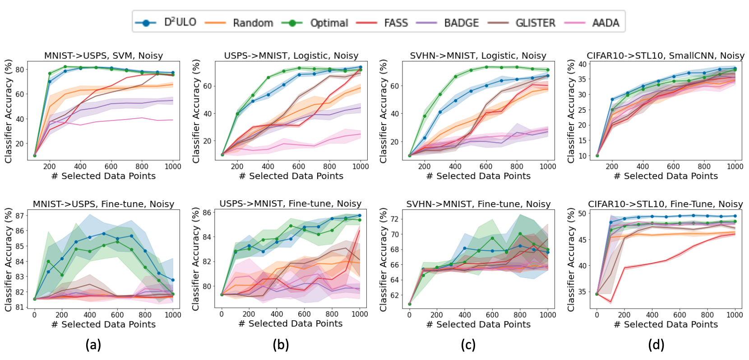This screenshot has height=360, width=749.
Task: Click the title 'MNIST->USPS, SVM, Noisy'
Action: coord(103,55)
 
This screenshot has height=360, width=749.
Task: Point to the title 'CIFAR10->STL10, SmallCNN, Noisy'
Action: coord(666,55)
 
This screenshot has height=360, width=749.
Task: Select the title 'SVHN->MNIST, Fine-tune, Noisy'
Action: coord(478,204)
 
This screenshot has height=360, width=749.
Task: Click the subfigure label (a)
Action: coord(93,345)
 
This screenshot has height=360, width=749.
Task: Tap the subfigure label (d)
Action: coord(656,345)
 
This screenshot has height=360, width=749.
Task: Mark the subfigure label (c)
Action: coord(468,345)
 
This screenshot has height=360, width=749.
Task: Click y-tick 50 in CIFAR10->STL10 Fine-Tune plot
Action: coord(582,213)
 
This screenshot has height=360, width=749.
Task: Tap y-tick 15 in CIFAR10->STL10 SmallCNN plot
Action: coord(582,141)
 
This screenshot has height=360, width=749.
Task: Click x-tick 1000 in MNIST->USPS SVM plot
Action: coord(173,166)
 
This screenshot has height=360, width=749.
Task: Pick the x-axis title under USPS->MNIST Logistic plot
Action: coord(291,176)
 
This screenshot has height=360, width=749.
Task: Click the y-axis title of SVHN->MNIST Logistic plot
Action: coord(384,111)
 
